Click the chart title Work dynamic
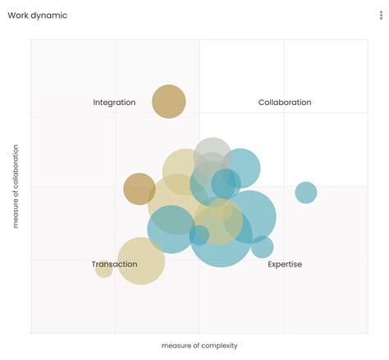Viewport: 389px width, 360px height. coord(38,16)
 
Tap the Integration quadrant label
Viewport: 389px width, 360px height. coord(115,103)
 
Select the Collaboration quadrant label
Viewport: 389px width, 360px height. coord(285,103)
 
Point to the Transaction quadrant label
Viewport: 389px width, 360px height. coord(114,264)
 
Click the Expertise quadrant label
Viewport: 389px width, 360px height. coord(285,264)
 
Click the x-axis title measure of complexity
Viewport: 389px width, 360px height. coord(199,345)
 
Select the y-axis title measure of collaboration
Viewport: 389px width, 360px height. coord(16,187)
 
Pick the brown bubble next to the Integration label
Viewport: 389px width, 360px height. coord(169,102)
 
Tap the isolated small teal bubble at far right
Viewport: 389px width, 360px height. coord(306,193)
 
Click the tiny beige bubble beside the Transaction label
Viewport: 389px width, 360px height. coord(103,268)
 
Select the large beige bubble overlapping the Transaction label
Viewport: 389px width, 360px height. coord(141,261)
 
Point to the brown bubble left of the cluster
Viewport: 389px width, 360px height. coord(140,189)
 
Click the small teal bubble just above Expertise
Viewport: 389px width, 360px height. coord(262,246)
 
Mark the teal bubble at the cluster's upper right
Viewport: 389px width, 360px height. coord(241,168)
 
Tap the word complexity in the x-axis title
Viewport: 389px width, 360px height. coord(218,345)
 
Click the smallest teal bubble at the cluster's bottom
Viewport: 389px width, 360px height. coord(199,235)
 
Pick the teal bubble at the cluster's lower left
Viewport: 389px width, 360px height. coord(171,229)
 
